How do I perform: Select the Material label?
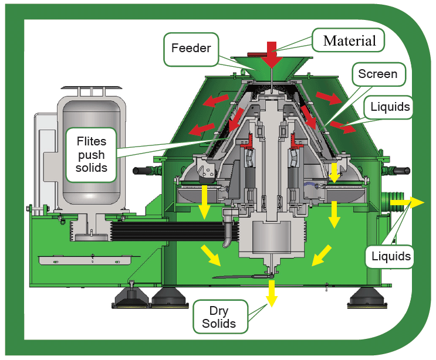coord(349,40)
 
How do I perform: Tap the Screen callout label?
coord(377,74)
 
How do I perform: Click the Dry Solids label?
coord(219,317)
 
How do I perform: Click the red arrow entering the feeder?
coord(271,54)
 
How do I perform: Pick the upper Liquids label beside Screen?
coord(390,107)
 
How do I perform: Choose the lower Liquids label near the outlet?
coord(390,256)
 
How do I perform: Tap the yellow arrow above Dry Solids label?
coord(271,291)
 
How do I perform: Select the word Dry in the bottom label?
coord(219,310)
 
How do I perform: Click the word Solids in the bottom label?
coord(219,323)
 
